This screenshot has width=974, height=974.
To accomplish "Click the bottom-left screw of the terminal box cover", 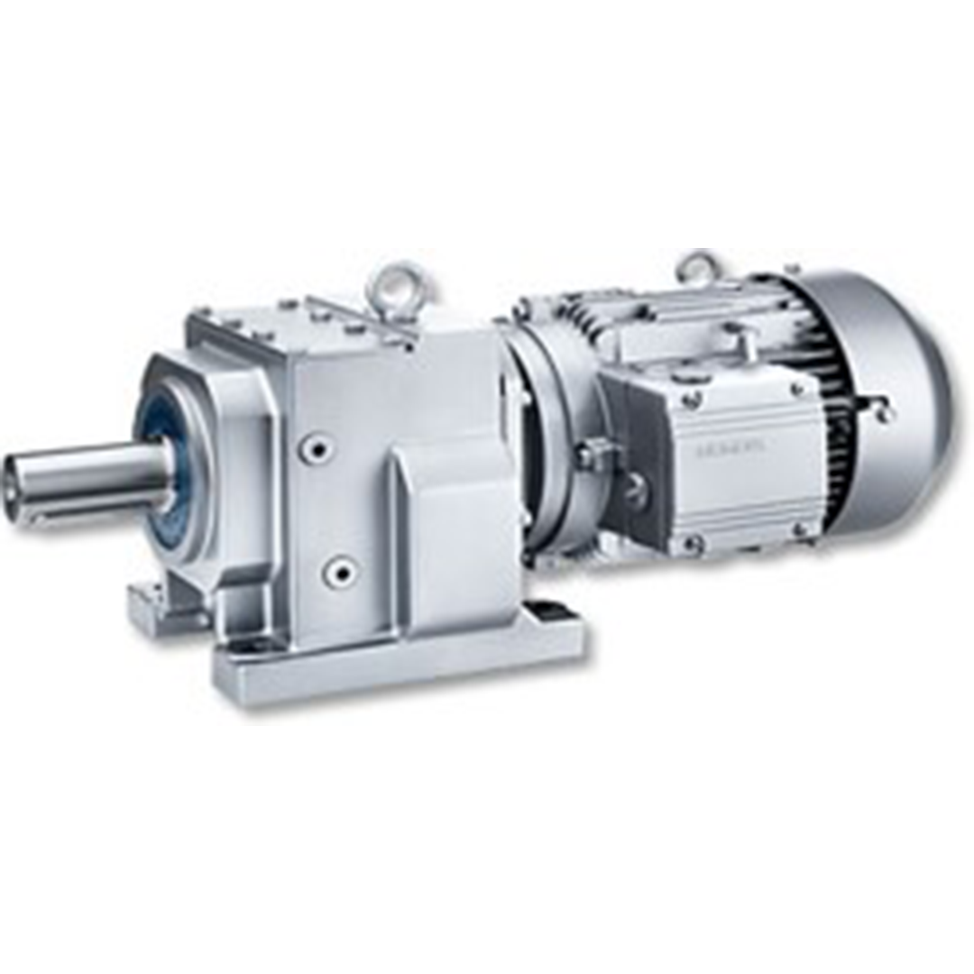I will tap(692, 544).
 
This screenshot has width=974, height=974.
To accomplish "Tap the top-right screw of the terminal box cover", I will tap(798, 390).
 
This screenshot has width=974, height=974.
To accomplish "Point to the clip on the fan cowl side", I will tap(879, 410).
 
